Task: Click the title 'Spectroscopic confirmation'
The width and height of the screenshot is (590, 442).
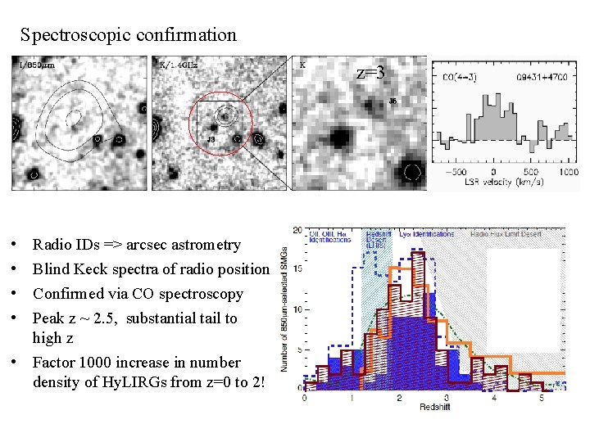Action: [129, 35]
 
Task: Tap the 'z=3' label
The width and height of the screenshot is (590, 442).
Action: [370, 72]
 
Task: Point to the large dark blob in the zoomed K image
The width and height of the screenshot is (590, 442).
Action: [338, 134]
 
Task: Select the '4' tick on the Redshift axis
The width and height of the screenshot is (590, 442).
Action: [493, 397]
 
